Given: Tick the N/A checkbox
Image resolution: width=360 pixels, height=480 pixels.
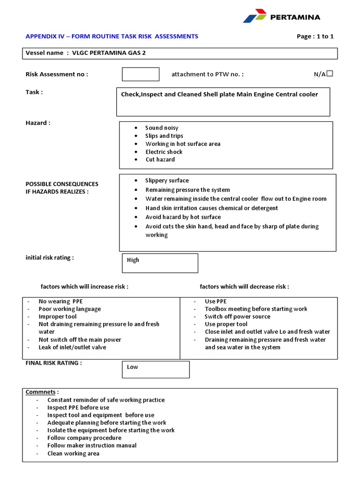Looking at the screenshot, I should [330, 74].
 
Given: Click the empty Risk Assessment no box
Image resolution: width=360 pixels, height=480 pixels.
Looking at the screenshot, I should [141, 74].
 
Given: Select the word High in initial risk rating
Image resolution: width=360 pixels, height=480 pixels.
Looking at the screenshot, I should [133, 260].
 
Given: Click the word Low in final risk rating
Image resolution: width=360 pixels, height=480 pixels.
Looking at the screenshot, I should [133, 367].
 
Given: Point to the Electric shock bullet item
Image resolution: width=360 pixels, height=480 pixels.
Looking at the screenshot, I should [164, 152].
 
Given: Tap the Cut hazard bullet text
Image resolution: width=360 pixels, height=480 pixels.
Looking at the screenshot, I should [160, 160].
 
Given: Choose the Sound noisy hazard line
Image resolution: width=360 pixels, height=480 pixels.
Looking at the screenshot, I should [162, 128].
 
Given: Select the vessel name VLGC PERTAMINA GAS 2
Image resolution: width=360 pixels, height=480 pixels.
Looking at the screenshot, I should [109, 53].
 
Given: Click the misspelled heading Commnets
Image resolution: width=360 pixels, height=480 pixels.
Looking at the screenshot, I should [42, 392].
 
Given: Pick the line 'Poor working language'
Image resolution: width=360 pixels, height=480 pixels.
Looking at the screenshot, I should [69, 309].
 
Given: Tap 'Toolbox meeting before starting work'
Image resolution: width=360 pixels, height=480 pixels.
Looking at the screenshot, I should [256, 309].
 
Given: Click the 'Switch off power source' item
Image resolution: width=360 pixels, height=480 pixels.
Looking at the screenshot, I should [237, 316].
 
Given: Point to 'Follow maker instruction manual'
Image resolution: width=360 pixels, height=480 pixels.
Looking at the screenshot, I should [92, 445].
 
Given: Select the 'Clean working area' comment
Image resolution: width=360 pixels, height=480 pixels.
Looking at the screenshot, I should [73, 453].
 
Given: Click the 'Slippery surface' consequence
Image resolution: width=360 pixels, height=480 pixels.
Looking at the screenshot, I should [167, 180].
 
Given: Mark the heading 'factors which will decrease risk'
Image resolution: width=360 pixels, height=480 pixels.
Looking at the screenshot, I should [244, 286].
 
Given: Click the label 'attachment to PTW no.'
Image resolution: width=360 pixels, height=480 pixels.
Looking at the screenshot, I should [207, 74].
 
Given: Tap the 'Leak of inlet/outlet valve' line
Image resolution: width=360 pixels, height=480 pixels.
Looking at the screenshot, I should [72, 347].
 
